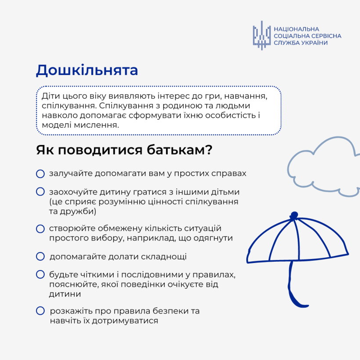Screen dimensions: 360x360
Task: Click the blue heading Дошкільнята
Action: point(87,70)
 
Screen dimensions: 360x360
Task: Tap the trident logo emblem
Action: point(262,36)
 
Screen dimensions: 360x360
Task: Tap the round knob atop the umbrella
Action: point(294,216)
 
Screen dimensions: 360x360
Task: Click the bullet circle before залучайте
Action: point(40,174)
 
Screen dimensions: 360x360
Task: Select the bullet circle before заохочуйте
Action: point(40,192)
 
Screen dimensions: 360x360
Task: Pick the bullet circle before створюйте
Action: point(40,229)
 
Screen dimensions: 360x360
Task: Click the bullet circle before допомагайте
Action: point(40,256)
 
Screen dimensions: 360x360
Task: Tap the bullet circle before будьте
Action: point(40,274)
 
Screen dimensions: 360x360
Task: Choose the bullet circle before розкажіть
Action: point(40,311)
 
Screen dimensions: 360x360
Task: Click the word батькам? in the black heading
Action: point(180,150)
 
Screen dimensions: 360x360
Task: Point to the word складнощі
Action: point(164,257)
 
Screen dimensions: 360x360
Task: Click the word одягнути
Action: point(213,238)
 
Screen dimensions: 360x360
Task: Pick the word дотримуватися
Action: point(125,321)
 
